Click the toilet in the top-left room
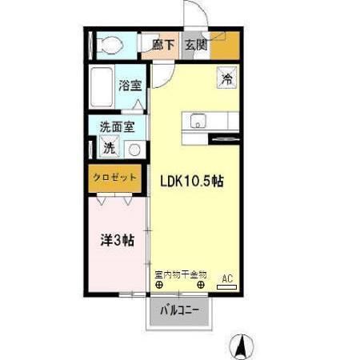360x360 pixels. coord(110,45)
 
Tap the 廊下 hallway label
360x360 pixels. coord(163,45)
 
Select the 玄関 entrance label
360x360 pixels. coord(196,45)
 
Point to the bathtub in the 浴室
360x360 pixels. coord(102,87)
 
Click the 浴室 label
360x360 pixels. coord(130,86)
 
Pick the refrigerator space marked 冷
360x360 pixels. coord(227,78)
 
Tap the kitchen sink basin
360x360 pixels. coord(198,121)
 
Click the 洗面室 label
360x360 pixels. coord(118,127)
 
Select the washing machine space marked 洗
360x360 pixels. coord(110,146)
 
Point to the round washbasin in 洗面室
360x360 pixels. coord(134,150)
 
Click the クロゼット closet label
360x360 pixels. coord(114,178)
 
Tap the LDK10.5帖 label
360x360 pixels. coord(192,182)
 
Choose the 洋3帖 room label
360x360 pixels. coord(118,240)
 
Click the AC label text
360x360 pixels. coord(227,278)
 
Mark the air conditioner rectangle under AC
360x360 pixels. coord(227,287)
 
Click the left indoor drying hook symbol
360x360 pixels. coord(159,285)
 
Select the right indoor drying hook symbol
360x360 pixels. coord(201,285)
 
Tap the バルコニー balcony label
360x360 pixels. coord(179,310)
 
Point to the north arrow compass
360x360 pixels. coord(242,346)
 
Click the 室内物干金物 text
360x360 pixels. coord(181,274)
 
